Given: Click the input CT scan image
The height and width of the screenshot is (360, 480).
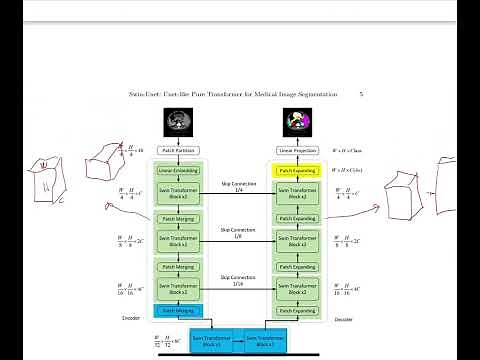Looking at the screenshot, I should pos(176,122).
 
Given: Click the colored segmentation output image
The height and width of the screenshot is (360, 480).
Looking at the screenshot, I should pos(298,122).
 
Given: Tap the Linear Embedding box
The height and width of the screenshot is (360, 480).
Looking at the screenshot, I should pos(176,171).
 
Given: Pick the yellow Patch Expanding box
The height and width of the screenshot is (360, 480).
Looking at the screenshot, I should pos(298,171).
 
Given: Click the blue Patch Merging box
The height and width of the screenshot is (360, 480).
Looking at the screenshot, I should pos(176,311).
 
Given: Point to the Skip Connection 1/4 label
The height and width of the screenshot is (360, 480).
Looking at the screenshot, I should pos(237,187).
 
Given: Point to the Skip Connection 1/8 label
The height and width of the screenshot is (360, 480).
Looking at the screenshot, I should pos(237,232).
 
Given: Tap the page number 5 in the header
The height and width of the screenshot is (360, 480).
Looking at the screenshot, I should pos(360,93).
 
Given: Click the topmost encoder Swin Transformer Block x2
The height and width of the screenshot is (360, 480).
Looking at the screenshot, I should pos(176,192).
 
